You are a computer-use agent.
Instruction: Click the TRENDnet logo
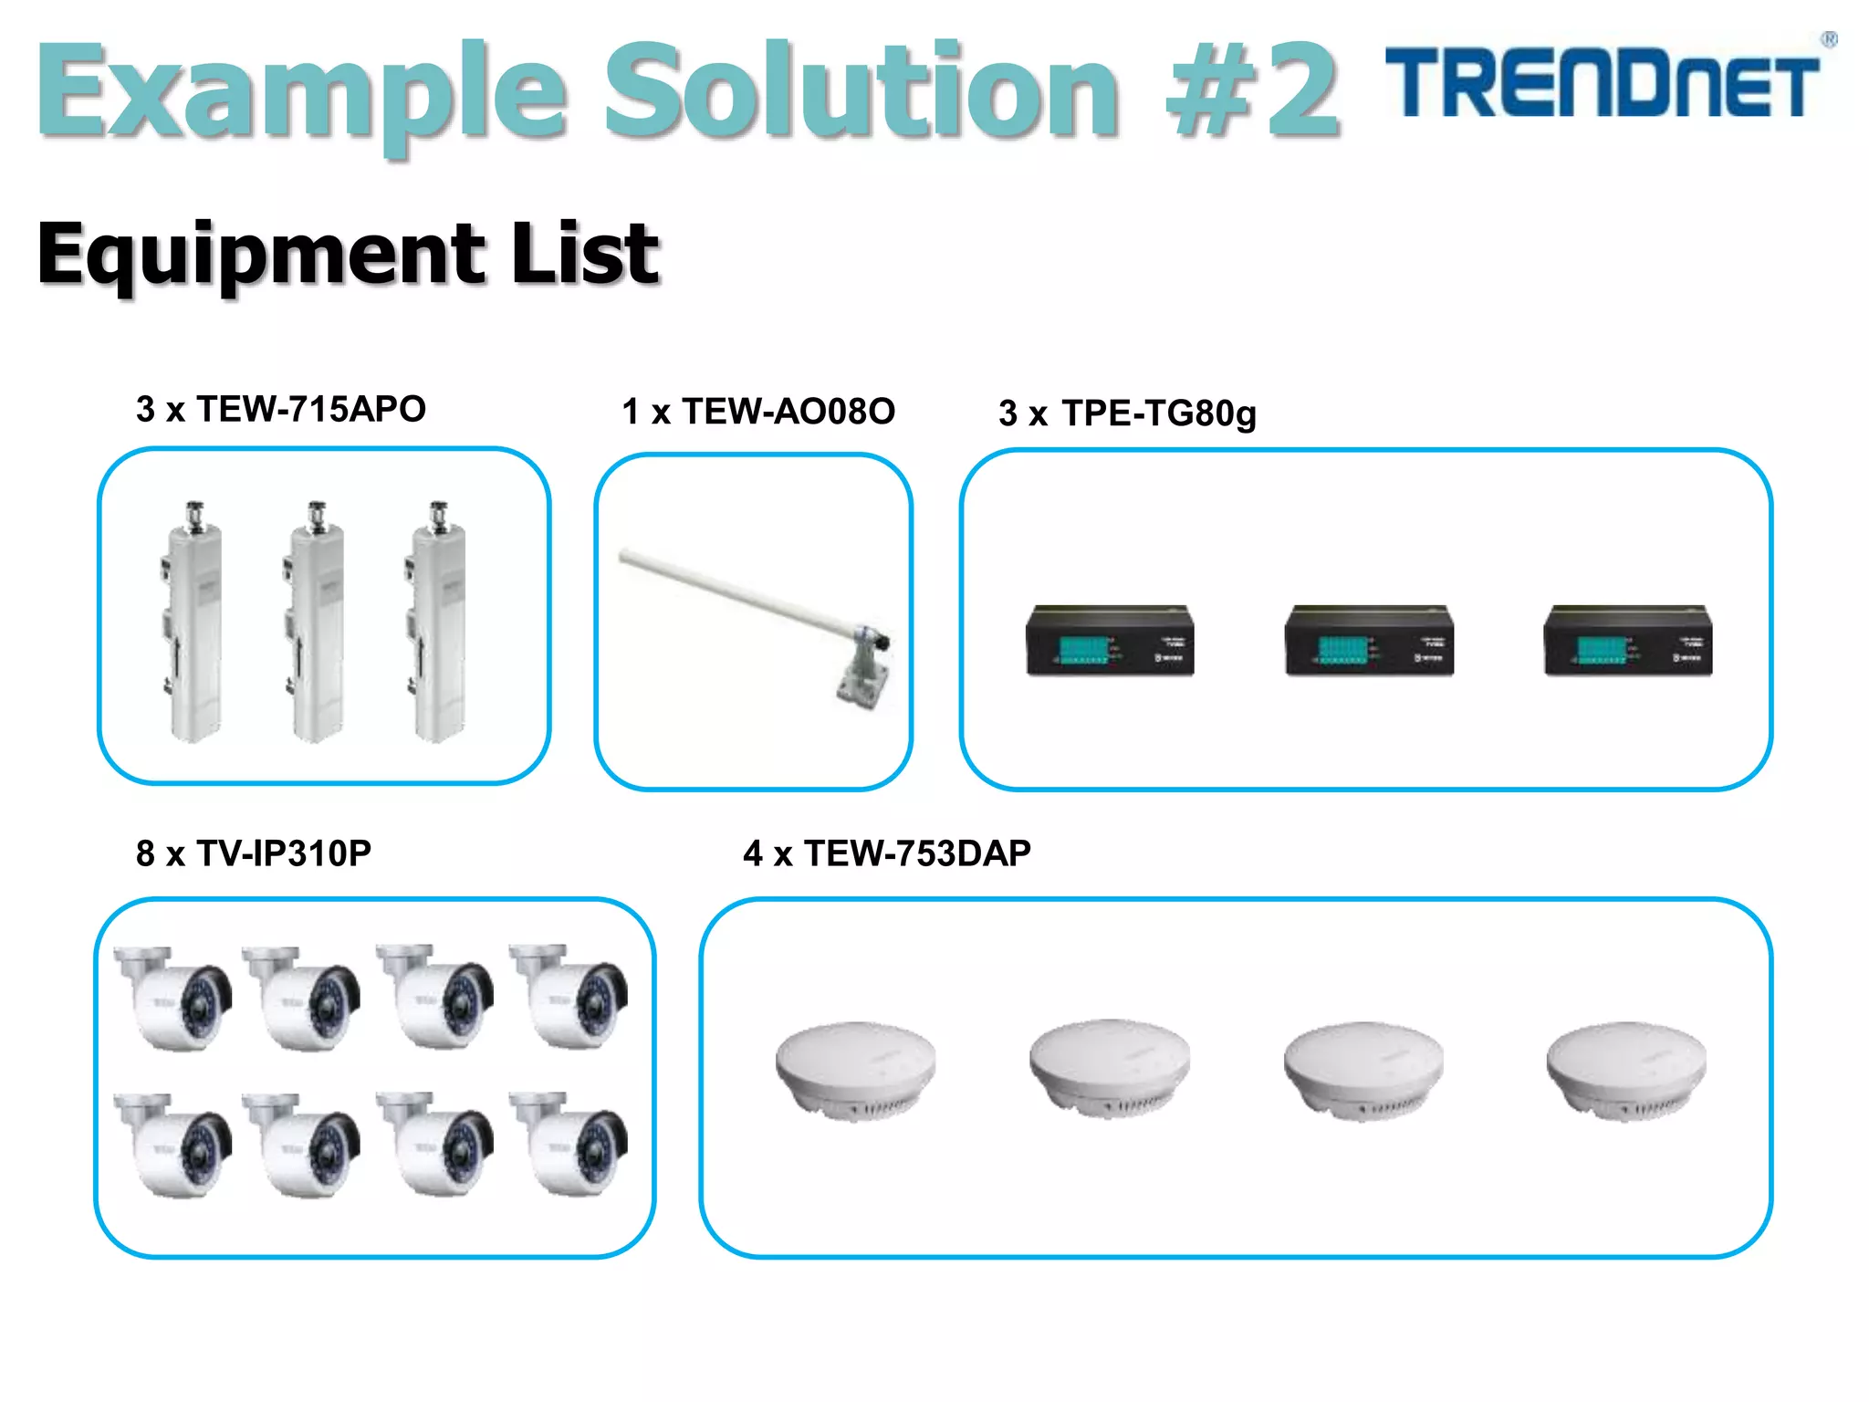click(x=1603, y=84)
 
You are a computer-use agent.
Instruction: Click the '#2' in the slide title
click(x=1252, y=91)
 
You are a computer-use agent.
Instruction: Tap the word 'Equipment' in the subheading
click(x=261, y=256)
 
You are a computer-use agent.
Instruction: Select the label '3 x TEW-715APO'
click(x=281, y=409)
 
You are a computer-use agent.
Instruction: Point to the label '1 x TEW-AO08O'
click(x=758, y=412)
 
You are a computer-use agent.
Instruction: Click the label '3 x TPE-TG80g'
click(x=1127, y=413)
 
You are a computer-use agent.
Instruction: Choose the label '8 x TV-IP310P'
click(x=254, y=853)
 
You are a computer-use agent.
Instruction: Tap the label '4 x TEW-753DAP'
click(x=887, y=853)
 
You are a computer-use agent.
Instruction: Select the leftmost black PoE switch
click(x=1110, y=641)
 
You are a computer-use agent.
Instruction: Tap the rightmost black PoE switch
click(x=1628, y=641)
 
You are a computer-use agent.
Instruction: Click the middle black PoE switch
click(x=1369, y=641)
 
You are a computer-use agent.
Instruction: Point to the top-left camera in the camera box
click(x=173, y=997)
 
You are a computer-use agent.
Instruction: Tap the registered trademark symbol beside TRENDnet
click(x=1829, y=40)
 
